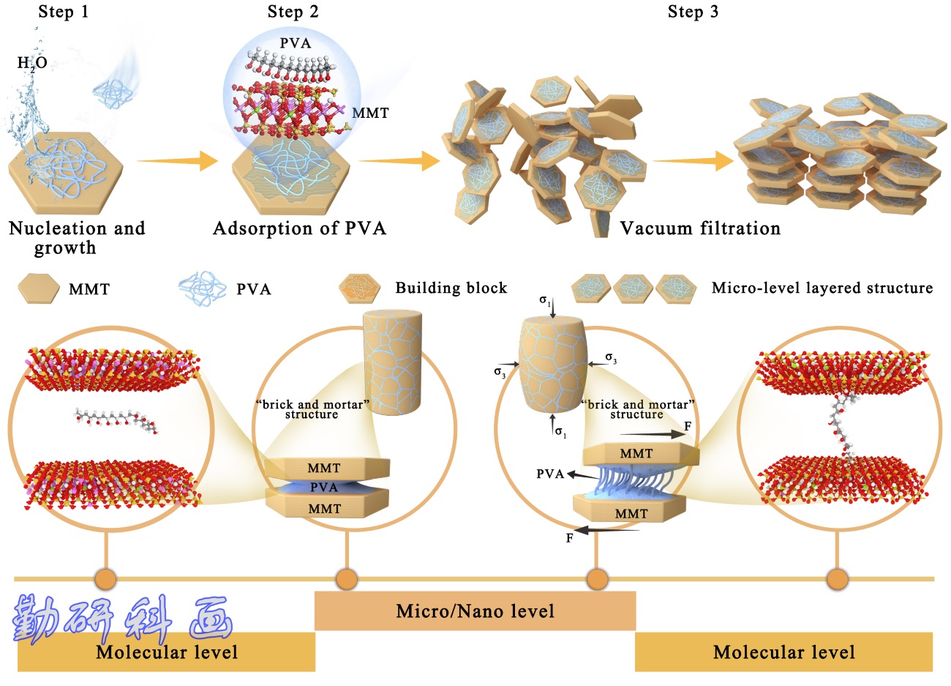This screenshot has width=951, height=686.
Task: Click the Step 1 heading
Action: pyautogui.click(x=63, y=12)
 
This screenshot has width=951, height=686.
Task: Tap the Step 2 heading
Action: pyautogui.click(x=293, y=12)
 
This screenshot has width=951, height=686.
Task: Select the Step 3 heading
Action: pyautogui.click(x=693, y=12)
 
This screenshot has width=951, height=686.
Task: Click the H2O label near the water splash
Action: pyautogui.click(x=32, y=63)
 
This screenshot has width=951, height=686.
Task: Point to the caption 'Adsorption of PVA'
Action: pyautogui.click(x=300, y=228)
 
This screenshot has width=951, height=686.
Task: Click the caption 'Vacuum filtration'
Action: pyautogui.click(x=700, y=228)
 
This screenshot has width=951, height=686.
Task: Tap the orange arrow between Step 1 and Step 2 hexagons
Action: pyautogui.click(x=178, y=161)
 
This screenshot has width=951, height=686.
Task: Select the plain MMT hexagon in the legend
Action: pyautogui.click(x=39, y=288)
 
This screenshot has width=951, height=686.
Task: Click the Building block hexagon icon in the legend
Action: pyautogui.click(x=360, y=288)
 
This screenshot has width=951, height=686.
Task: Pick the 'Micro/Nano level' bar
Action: pyautogui.click(x=475, y=611)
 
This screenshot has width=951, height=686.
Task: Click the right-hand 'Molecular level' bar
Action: pyautogui.click(x=783, y=652)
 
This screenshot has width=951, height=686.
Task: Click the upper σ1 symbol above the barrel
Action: pyautogui.click(x=545, y=301)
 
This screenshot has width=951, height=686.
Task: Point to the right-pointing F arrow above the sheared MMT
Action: pyautogui.click(x=652, y=434)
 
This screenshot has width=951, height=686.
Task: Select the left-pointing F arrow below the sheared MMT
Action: pyautogui.click(x=607, y=529)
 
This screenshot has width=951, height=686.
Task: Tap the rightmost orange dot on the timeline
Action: pyautogui.click(x=838, y=579)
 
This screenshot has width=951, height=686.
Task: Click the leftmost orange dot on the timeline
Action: pyautogui.click(x=105, y=579)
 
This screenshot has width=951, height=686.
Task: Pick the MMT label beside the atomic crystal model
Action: pyautogui.click(x=370, y=113)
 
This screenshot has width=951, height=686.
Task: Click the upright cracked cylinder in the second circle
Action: pyautogui.click(x=392, y=362)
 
